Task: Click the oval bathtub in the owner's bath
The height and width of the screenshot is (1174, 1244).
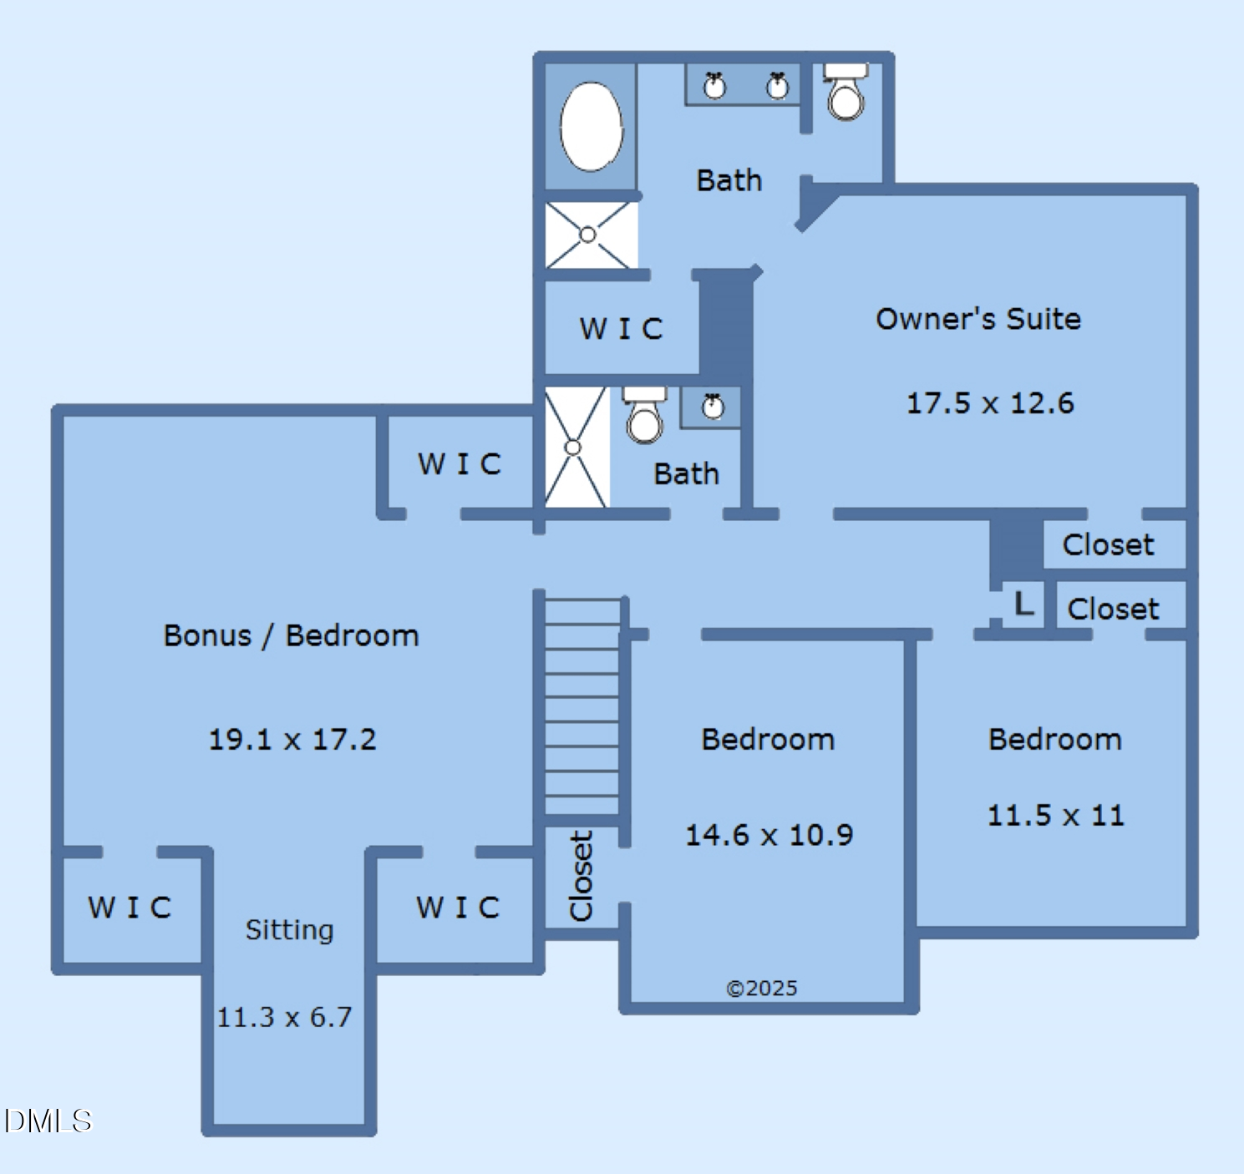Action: (592, 126)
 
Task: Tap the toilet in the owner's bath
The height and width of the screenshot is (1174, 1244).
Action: (845, 91)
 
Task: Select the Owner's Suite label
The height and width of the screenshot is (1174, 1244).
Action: (977, 319)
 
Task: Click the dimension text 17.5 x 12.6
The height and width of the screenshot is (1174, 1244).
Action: (990, 402)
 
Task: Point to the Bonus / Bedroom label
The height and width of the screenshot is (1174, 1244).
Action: (292, 635)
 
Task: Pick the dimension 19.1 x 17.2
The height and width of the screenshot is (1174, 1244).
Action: (292, 740)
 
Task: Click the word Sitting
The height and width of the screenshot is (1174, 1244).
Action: (289, 930)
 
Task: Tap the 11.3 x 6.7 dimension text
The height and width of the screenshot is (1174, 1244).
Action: (284, 1017)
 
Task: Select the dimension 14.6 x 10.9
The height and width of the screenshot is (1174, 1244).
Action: (769, 835)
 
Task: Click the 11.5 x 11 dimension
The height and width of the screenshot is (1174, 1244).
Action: (1056, 815)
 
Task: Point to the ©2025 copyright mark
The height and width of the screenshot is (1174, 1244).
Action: (762, 988)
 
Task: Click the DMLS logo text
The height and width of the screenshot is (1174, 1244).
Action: (48, 1121)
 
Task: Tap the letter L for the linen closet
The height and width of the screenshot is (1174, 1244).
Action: (1023, 605)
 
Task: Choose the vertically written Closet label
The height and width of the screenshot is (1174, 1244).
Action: (581, 876)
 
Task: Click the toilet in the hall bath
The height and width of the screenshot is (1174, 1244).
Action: (644, 415)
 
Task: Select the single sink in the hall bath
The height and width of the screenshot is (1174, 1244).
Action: (713, 407)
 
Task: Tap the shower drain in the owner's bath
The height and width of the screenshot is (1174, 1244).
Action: (587, 235)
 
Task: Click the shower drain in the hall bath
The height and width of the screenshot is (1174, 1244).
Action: (572, 447)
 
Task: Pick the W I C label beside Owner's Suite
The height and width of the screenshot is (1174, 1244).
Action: (621, 329)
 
